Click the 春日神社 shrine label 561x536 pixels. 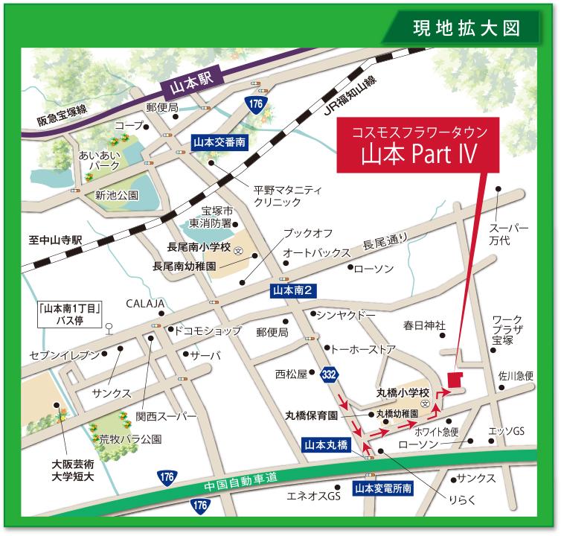point(424,325)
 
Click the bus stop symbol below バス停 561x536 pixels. point(109,327)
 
